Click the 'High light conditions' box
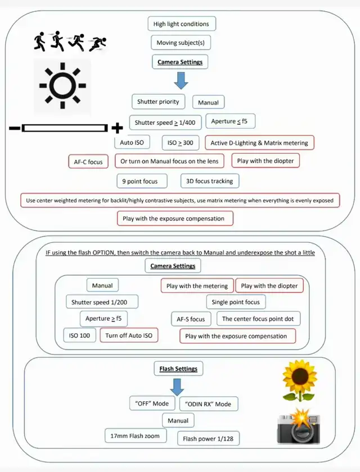[181, 24]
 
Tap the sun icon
[62, 86]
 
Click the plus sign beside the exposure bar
[118, 128]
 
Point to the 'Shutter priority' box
[158, 102]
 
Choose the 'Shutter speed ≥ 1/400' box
[165, 122]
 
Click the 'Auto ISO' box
[132, 143]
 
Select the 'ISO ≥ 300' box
[180, 143]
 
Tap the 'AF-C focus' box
[88, 162]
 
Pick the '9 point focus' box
[140, 181]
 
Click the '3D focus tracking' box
[210, 181]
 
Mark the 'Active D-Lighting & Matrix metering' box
[259, 143]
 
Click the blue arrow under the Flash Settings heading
[178, 386]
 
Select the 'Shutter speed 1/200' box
[103, 302]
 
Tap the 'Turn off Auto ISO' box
[129, 335]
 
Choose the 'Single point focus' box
[236, 302]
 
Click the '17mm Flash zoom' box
[136, 435]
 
